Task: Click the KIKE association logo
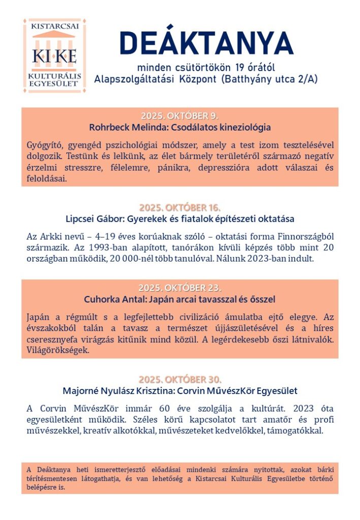(x=54, y=55)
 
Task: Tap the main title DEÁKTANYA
(x=206, y=44)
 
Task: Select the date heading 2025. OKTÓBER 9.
(x=180, y=115)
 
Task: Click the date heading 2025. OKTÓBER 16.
(x=180, y=208)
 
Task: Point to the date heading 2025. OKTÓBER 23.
(x=180, y=288)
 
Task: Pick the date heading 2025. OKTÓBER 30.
(x=180, y=380)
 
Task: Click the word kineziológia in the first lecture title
(x=246, y=127)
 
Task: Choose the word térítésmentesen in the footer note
(x=50, y=479)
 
